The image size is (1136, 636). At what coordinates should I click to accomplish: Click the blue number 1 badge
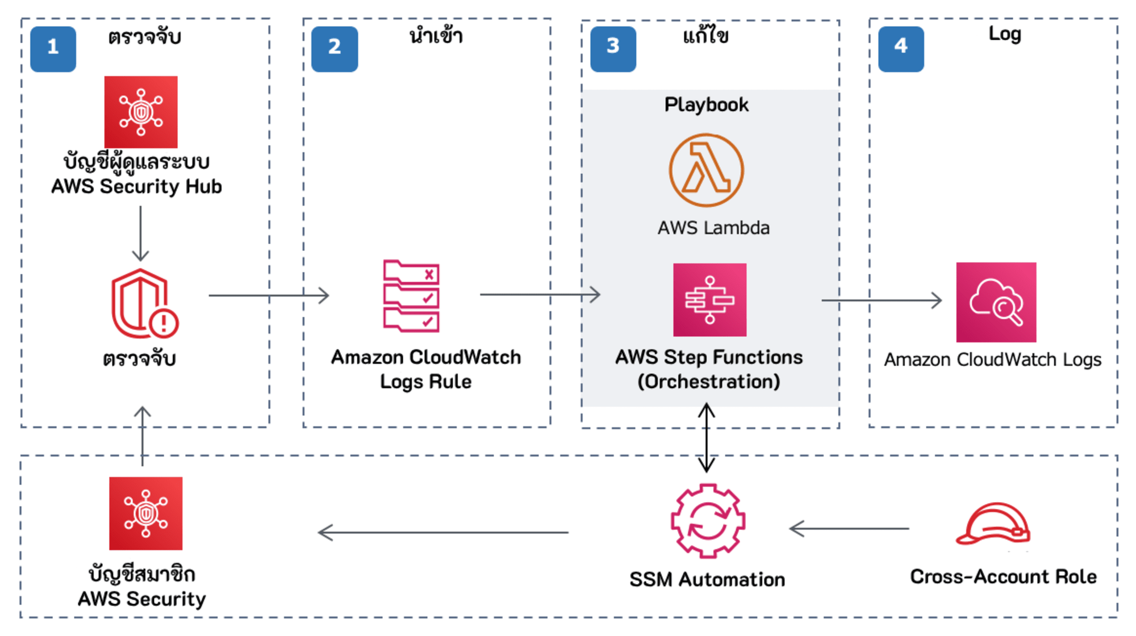click(x=53, y=49)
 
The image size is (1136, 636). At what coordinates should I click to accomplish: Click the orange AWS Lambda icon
click(x=706, y=170)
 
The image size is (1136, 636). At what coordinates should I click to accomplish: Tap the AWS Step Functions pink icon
click(x=709, y=300)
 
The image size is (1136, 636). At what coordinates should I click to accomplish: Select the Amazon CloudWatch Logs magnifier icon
click(x=996, y=302)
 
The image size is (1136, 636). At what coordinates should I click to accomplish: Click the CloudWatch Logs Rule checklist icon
click(x=411, y=296)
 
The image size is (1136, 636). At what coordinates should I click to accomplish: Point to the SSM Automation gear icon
click(x=708, y=521)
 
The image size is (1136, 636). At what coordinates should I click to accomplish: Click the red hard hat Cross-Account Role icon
click(x=993, y=524)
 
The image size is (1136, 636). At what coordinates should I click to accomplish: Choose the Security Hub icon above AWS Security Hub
click(x=141, y=112)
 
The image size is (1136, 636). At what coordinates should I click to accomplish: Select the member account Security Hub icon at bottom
click(x=146, y=513)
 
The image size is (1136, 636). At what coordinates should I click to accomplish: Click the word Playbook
click(x=707, y=105)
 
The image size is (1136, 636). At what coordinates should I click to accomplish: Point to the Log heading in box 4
click(x=1004, y=34)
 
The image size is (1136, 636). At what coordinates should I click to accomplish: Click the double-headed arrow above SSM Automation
click(x=706, y=437)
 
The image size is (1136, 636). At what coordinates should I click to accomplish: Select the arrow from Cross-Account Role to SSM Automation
click(x=849, y=529)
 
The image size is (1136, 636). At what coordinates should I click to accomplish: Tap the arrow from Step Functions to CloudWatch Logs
click(x=881, y=300)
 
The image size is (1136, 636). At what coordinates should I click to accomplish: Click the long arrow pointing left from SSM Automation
click(x=443, y=533)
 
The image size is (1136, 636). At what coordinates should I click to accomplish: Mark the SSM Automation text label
click(x=707, y=579)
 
